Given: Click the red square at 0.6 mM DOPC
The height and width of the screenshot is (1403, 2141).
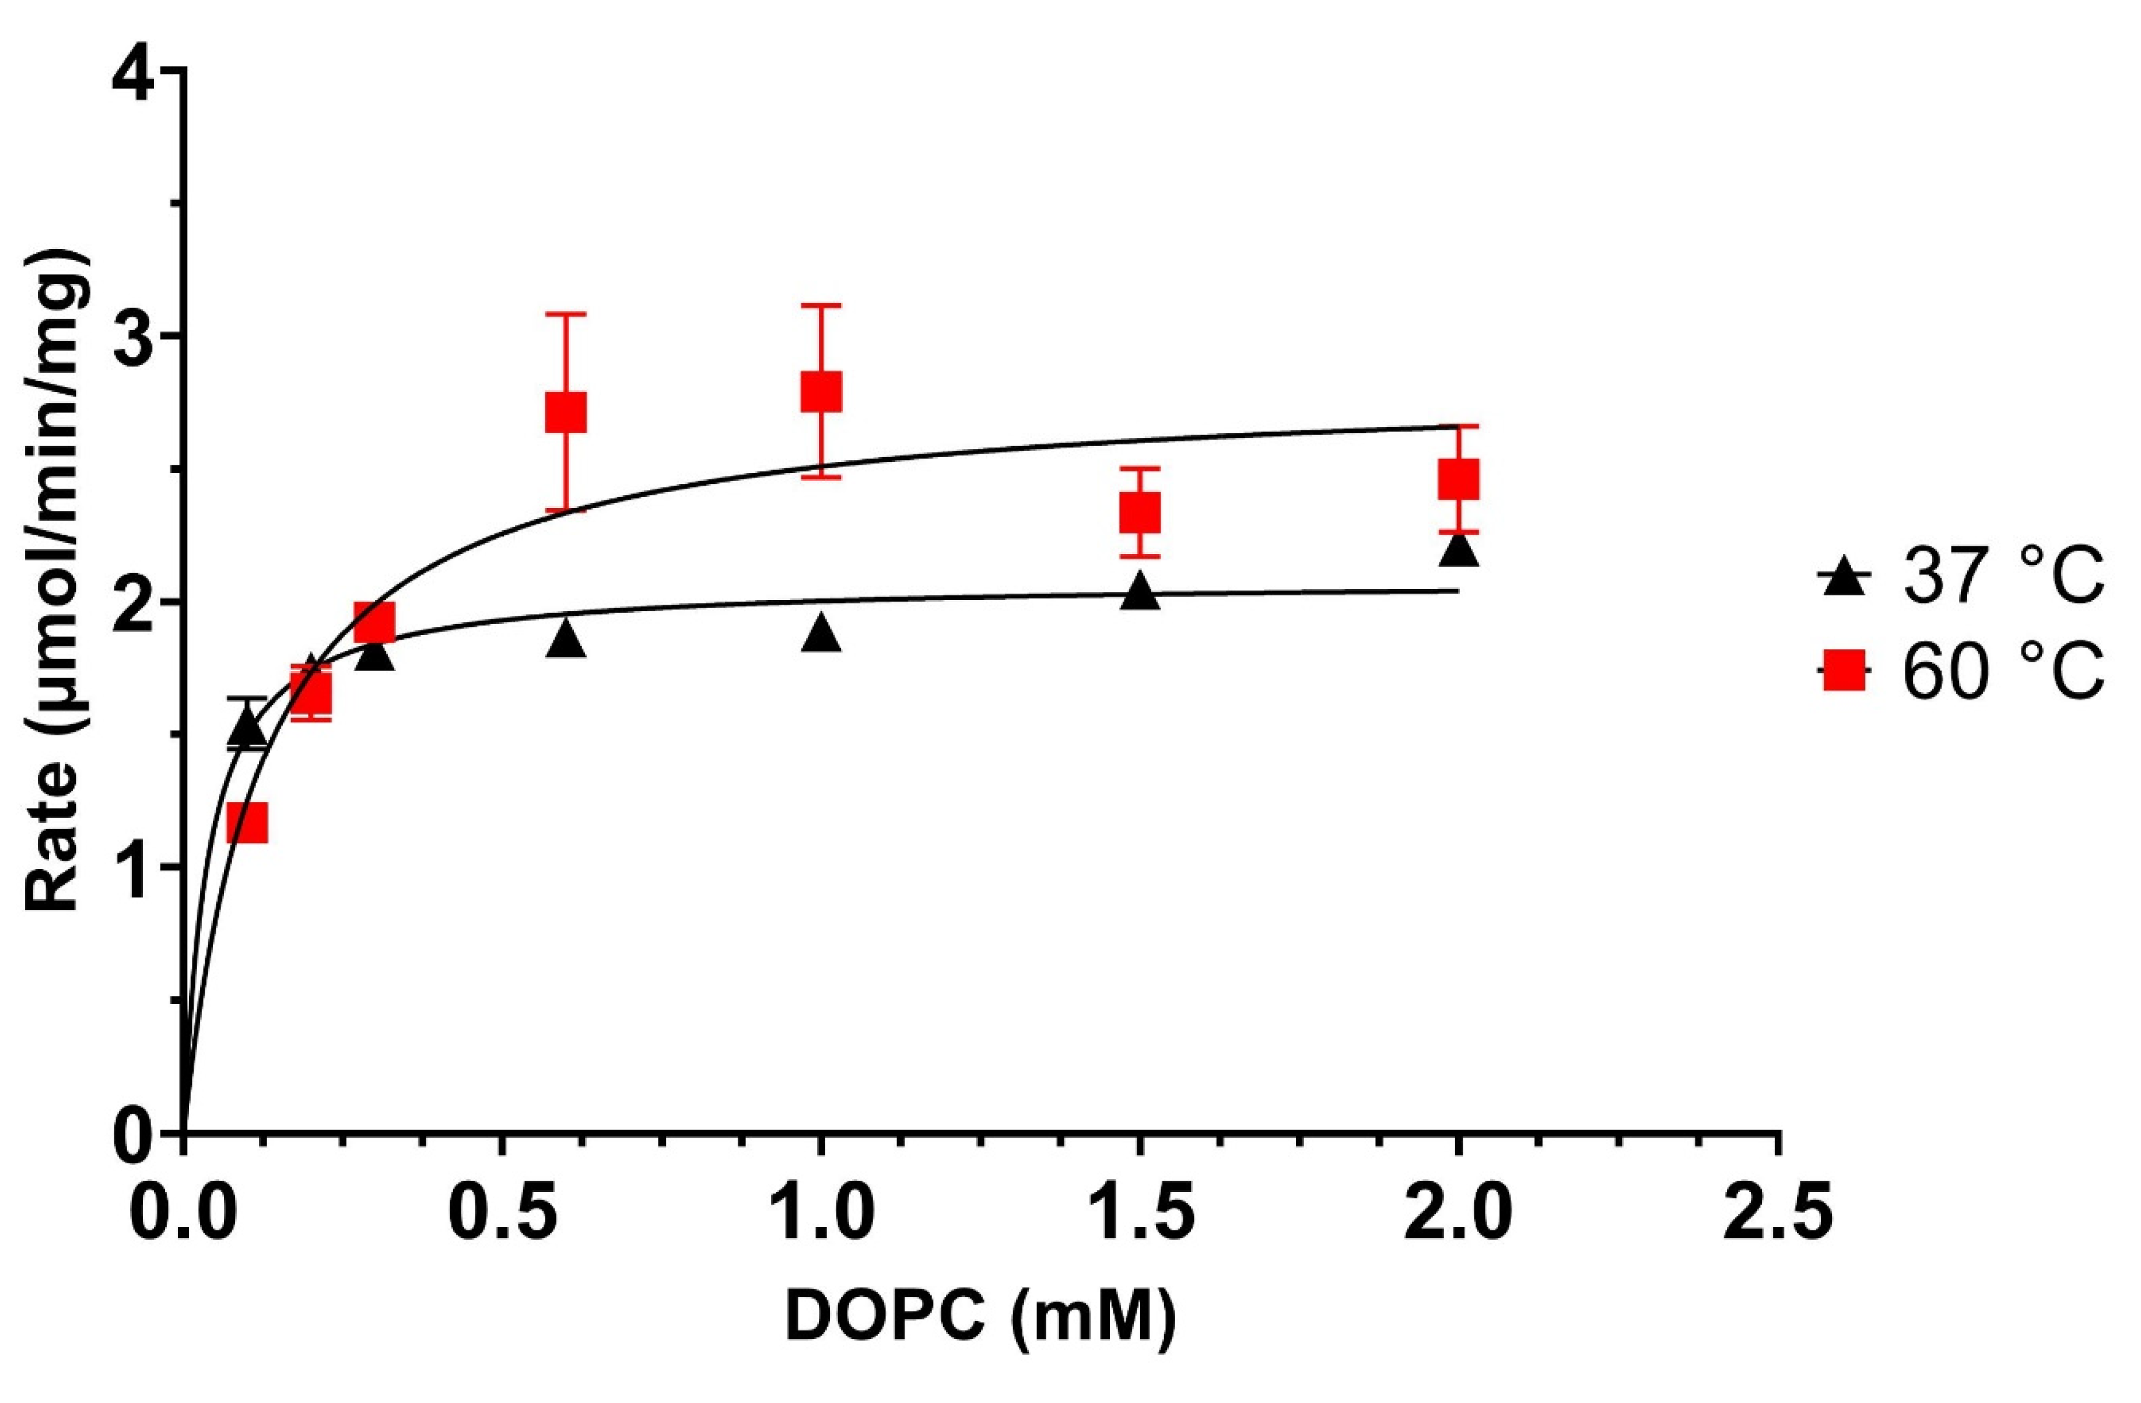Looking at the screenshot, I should click(566, 412).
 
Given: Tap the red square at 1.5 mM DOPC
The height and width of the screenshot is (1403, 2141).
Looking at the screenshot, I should click(1140, 513).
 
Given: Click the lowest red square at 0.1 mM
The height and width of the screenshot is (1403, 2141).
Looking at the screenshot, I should click(247, 822).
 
